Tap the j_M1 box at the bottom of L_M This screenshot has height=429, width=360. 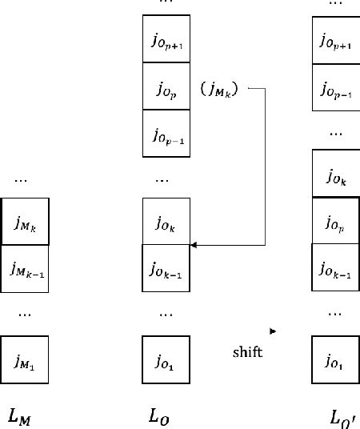pyautogui.click(x=25, y=359)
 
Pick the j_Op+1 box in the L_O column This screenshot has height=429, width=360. pyautogui.click(x=166, y=38)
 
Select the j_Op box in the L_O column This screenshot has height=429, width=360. pyautogui.click(x=166, y=86)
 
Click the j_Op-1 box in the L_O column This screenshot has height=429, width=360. pyautogui.click(x=166, y=133)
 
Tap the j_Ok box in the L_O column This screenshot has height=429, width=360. pyautogui.click(x=166, y=220)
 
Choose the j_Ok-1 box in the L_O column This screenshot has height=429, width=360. pyautogui.click(x=166, y=267)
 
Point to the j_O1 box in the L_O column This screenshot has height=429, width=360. pyautogui.click(x=166, y=359)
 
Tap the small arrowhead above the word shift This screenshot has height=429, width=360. pyautogui.click(x=274, y=330)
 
